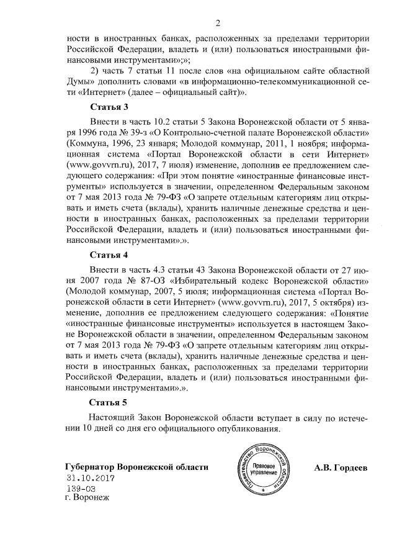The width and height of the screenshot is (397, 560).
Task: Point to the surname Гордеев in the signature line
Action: pos(351,466)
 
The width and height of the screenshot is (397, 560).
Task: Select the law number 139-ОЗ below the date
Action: pos(81,489)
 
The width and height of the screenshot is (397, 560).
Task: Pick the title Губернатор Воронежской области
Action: pos(136,466)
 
